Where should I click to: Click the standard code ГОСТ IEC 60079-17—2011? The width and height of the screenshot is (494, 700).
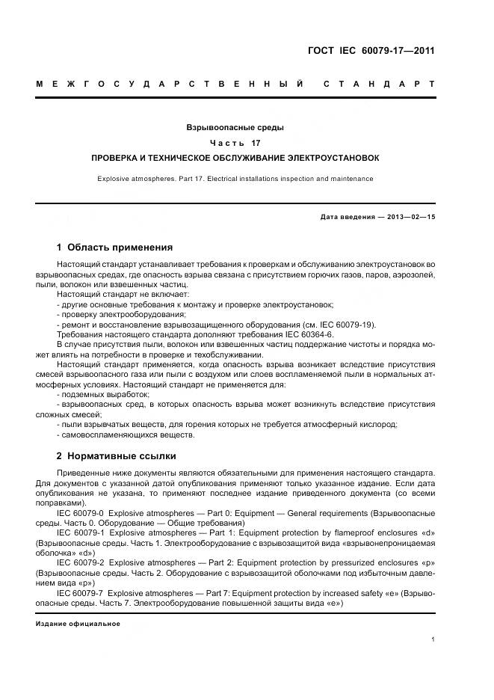click(371, 52)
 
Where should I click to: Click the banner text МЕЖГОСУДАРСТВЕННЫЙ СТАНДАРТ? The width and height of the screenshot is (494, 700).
click(235, 84)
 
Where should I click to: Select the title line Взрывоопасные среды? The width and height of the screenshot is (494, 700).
click(235, 128)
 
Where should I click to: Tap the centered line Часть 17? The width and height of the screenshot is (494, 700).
click(235, 143)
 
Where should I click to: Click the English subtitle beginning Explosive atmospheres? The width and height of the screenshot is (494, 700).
click(235, 179)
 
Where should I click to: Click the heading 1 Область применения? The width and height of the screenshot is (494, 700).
click(115, 247)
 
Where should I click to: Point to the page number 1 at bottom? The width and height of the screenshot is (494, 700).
click(433, 639)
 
